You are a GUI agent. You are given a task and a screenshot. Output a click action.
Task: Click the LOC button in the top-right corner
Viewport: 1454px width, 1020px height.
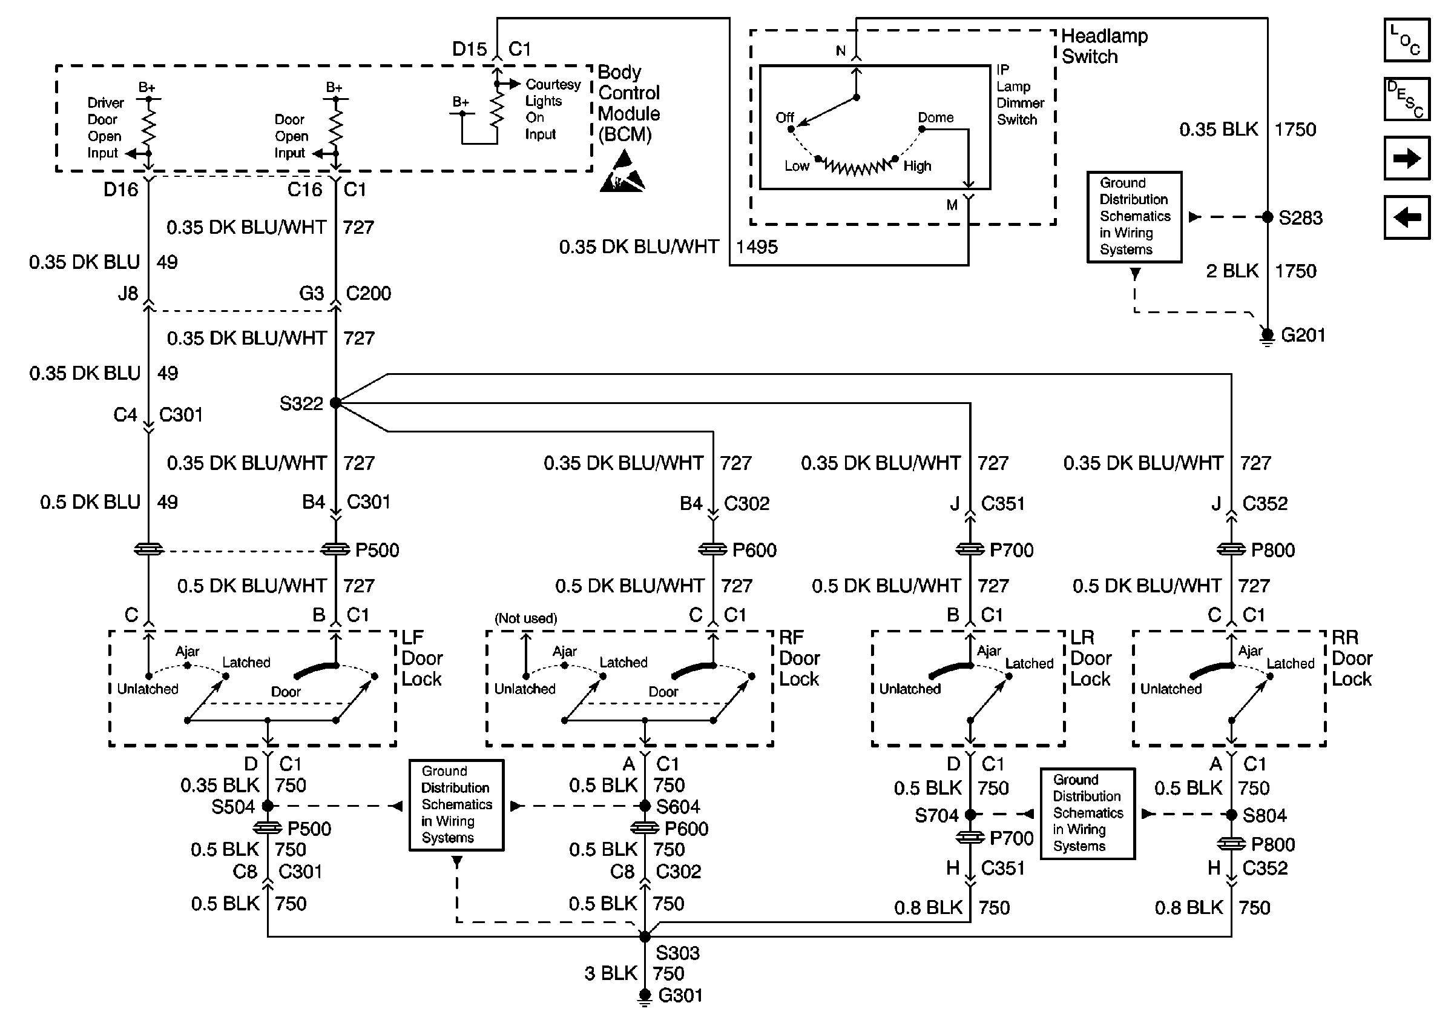click(x=1407, y=41)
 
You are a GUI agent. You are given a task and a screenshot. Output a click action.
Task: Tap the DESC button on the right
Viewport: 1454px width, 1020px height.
click(x=1407, y=99)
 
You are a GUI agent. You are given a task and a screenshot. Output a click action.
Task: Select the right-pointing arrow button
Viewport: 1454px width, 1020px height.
click(x=1407, y=157)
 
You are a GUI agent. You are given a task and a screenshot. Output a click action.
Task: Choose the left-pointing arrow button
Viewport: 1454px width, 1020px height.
click(x=1407, y=217)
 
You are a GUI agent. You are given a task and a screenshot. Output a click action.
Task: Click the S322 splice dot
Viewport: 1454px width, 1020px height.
click(x=335, y=403)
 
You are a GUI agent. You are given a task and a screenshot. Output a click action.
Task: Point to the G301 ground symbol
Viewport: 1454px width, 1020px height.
click(x=645, y=996)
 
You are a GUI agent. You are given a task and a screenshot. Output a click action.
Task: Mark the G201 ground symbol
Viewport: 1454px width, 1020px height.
click(x=1267, y=336)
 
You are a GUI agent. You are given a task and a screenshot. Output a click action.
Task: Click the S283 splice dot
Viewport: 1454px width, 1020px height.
click(x=1267, y=217)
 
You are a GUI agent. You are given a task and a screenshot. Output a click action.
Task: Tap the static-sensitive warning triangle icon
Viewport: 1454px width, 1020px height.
click(x=622, y=173)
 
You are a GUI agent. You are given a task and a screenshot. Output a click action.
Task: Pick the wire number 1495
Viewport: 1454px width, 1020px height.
click(x=757, y=247)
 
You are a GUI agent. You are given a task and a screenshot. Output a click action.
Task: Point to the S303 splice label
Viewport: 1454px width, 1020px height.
click(x=677, y=953)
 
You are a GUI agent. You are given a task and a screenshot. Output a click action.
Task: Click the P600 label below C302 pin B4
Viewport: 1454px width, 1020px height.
click(x=754, y=550)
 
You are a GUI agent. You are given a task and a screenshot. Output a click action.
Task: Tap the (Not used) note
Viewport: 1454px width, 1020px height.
click(x=525, y=618)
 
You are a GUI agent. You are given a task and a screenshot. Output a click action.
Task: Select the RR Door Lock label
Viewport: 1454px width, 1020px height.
click(x=1352, y=658)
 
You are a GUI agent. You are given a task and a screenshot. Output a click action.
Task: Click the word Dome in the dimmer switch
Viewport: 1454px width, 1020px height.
click(x=935, y=118)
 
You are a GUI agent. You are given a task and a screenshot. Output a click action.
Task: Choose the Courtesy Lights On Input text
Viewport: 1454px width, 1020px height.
click(x=552, y=109)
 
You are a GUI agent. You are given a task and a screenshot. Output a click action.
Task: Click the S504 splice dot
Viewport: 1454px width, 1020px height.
click(x=268, y=806)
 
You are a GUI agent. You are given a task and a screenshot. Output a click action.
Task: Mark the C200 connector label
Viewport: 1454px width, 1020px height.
click(x=369, y=293)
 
